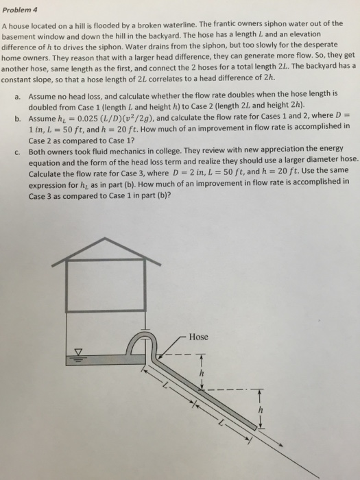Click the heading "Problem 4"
tap(21, 9)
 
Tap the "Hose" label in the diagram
tap(198, 337)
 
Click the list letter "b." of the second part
tap(16, 117)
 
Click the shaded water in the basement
tap(103, 359)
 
